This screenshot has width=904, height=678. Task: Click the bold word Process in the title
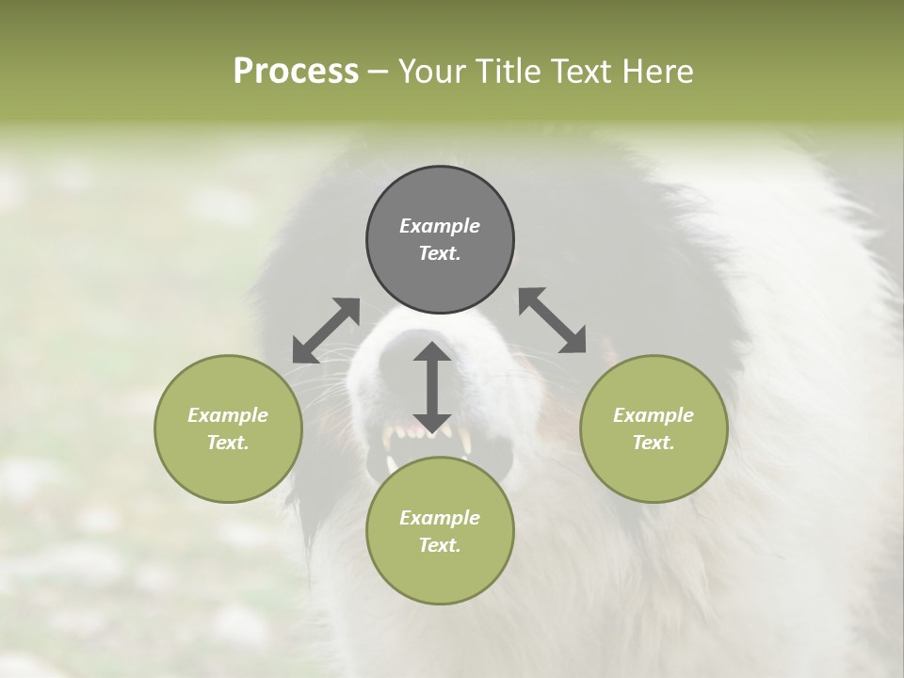(296, 72)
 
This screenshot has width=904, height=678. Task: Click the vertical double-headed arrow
(432, 387)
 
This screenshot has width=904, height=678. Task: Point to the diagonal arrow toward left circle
(326, 331)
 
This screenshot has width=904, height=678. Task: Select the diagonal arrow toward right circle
(553, 321)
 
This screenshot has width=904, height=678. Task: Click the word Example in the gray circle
(440, 226)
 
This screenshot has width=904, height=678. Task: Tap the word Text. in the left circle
(228, 443)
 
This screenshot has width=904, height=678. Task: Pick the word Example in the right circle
(654, 415)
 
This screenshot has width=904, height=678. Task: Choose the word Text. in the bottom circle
(440, 545)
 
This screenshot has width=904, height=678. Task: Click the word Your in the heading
(432, 72)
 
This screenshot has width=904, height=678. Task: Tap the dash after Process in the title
(378, 72)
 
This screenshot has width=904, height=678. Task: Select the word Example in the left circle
(228, 415)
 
